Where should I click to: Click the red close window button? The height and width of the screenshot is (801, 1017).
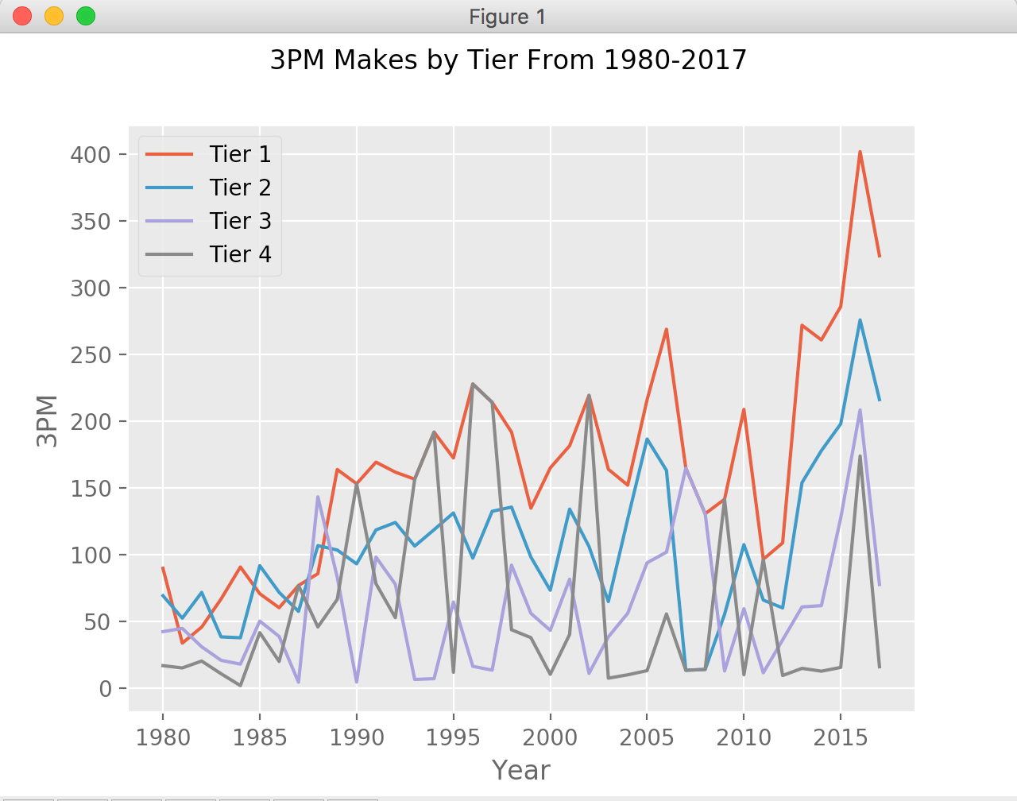[x=22, y=16]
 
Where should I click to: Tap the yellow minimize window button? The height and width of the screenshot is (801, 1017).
[x=54, y=16]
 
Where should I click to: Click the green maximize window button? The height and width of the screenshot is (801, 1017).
[x=86, y=16]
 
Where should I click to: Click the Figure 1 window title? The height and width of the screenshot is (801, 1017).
[x=508, y=17]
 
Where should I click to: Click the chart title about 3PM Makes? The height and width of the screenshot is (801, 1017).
[x=508, y=60]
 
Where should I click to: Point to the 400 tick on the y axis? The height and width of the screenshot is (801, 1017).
[x=91, y=154]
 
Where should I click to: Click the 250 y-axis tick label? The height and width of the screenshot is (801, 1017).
[x=91, y=354]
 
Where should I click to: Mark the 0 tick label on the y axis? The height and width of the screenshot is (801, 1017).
[x=105, y=689]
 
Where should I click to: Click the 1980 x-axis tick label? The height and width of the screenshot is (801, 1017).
[x=163, y=737]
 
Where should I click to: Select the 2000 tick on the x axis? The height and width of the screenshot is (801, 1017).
[x=551, y=737]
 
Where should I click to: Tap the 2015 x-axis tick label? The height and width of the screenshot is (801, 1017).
[x=841, y=737]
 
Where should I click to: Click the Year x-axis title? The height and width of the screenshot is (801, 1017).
[x=521, y=770]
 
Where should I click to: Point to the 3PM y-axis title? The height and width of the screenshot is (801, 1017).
[x=48, y=421]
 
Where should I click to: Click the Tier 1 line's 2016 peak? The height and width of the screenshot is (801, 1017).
[x=860, y=152]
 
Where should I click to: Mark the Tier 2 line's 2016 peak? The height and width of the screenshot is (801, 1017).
[x=860, y=320]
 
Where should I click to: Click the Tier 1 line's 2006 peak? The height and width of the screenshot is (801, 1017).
[x=666, y=329]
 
